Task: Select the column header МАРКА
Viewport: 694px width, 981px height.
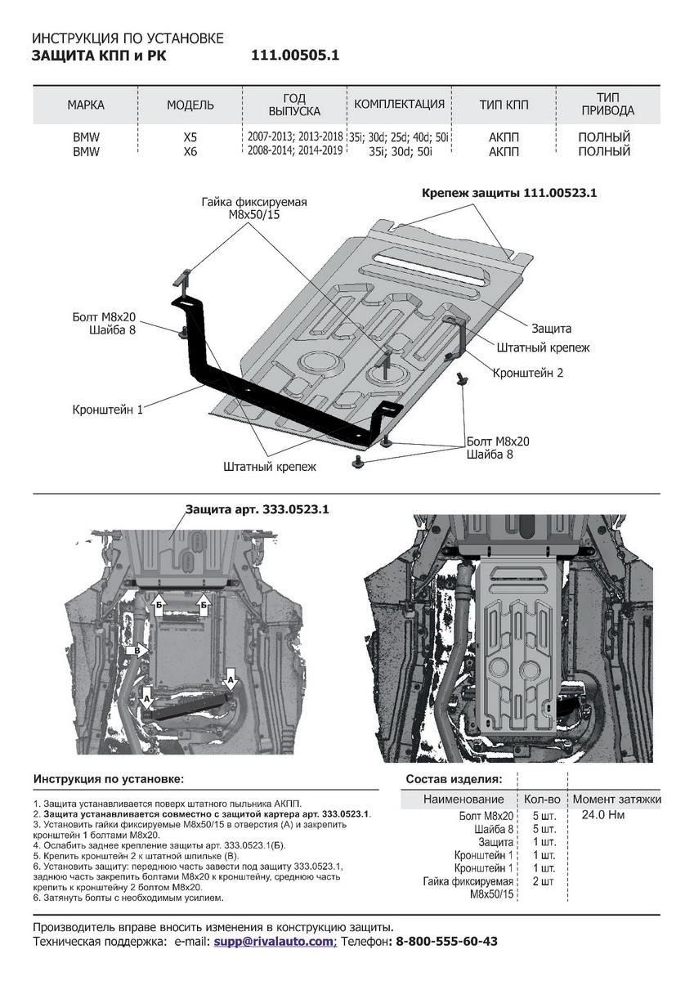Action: click(x=86, y=105)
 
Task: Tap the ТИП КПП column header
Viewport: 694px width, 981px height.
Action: click(x=504, y=105)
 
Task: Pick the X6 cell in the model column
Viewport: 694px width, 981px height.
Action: click(x=190, y=151)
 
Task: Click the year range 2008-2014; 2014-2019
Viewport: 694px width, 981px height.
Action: click(x=294, y=151)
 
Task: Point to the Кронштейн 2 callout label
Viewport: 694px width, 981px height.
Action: click(x=528, y=373)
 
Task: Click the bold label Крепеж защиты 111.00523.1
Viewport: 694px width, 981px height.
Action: click(x=509, y=194)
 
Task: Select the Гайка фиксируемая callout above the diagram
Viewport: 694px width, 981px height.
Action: click(x=254, y=208)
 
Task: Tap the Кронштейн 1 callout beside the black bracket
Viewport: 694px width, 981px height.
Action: click(x=107, y=410)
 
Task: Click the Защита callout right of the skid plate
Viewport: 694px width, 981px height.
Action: click(x=551, y=328)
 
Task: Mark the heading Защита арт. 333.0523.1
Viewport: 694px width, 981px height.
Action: click(x=257, y=508)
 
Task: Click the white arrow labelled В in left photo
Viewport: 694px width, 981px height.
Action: click(x=138, y=651)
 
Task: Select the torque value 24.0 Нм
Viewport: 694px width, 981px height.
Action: click(x=603, y=815)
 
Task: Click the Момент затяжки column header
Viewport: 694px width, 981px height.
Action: click(x=616, y=799)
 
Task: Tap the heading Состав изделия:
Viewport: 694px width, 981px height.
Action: click(x=454, y=779)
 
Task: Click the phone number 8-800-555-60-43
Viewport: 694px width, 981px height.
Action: click(x=446, y=942)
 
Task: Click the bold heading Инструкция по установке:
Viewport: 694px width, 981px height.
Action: click(x=109, y=779)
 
